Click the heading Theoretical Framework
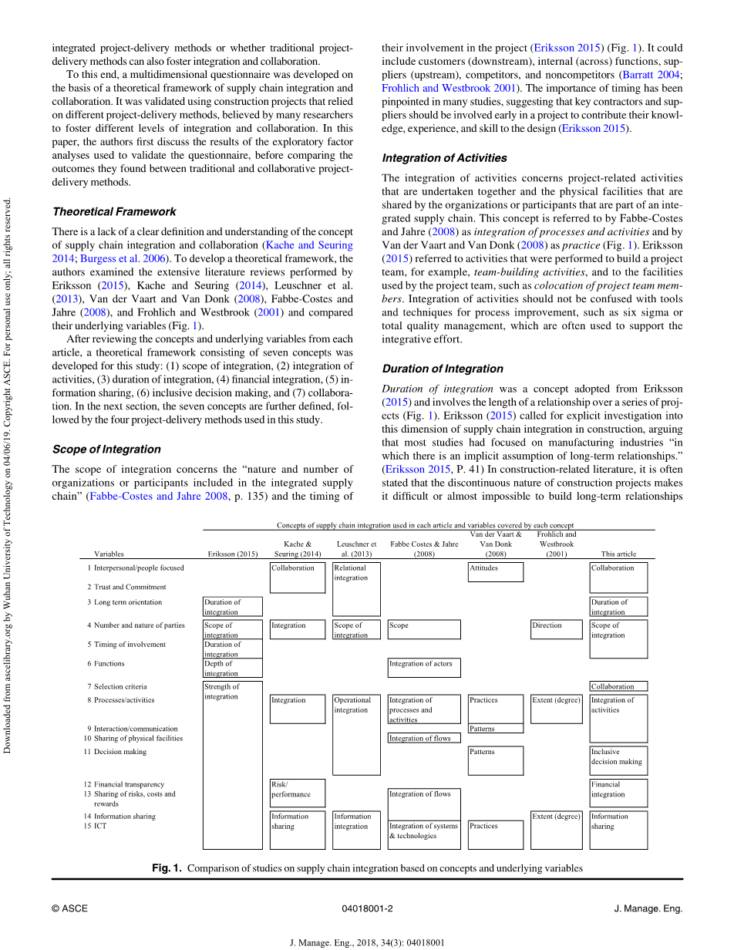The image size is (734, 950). [x=114, y=211]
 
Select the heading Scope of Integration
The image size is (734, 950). [x=106, y=449]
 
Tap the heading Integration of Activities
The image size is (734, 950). [x=444, y=158]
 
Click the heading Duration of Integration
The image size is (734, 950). [x=443, y=369]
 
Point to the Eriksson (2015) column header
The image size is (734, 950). [x=233, y=554]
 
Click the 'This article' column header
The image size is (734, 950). [x=618, y=554]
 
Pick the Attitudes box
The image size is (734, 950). [x=495, y=571]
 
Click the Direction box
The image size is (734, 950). [x=556, y=629]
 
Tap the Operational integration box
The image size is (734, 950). [x=356, y=735]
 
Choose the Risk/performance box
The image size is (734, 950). [x=297, y=793]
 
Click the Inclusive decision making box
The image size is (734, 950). [x=618, y=760]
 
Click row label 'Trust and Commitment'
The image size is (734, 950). [x=130, y=587]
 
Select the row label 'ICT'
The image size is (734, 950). [x=100, y=826]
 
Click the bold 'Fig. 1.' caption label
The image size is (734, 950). [x=167, y=868]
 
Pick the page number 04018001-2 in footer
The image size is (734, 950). [x=367, y=908]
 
